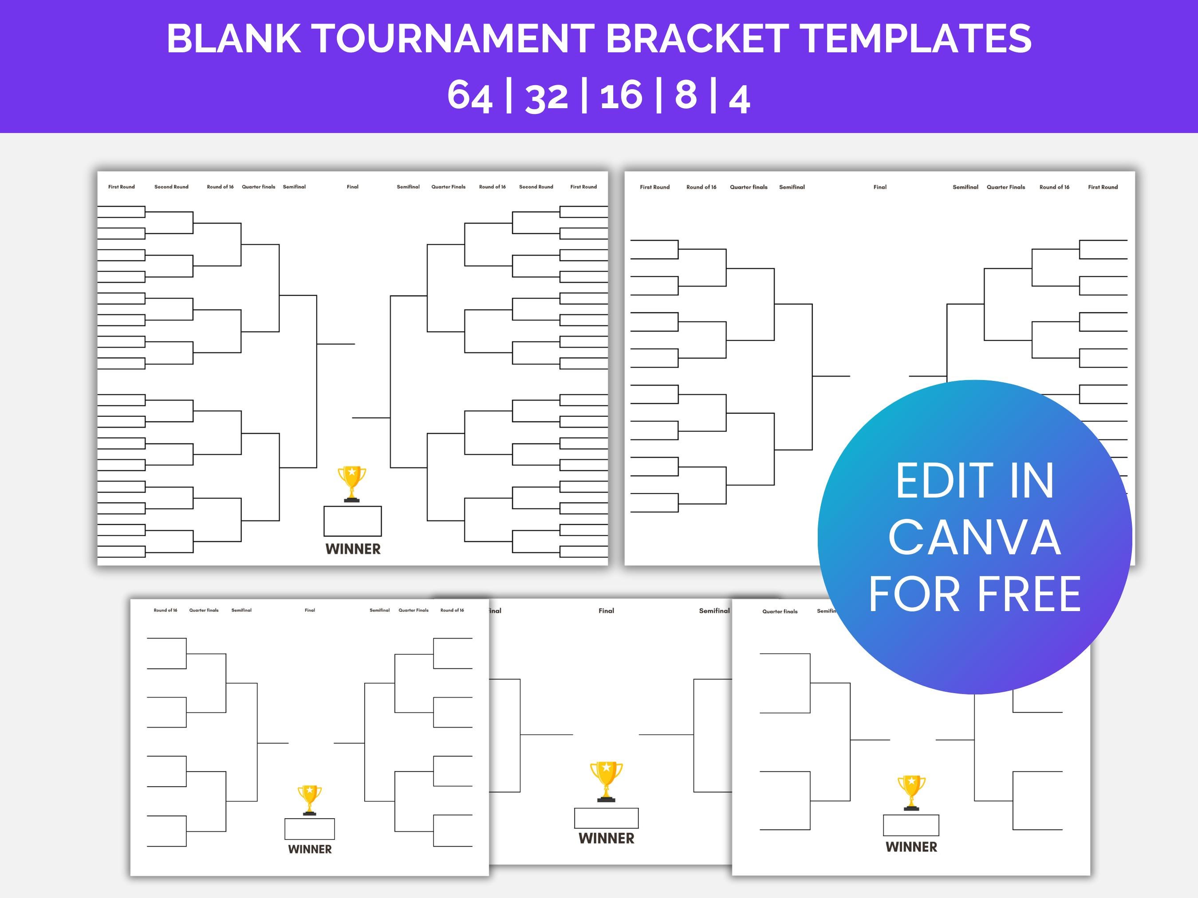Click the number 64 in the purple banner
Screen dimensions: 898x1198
point(469,96)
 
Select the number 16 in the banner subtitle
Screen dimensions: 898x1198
point(621,95)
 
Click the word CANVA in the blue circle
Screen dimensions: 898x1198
point(974,537)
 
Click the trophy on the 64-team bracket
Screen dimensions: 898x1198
point(352,483)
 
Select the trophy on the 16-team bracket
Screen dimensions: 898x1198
point(309,800)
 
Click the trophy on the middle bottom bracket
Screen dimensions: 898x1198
point(606,781)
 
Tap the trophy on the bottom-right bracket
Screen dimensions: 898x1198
point(911,792)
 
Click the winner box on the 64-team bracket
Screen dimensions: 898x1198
point(353,521)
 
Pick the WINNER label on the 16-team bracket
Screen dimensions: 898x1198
point(310,849)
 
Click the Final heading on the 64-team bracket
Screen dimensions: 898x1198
point(353,187)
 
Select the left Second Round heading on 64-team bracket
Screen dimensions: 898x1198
point(171,187)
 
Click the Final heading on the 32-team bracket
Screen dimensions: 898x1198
point(880,187)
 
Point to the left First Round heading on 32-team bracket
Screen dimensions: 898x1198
point(655,187)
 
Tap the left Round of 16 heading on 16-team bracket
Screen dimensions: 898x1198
point(165,610)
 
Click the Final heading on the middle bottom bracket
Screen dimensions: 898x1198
point(606,611)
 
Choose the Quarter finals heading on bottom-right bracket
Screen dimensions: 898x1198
point(780,612)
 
